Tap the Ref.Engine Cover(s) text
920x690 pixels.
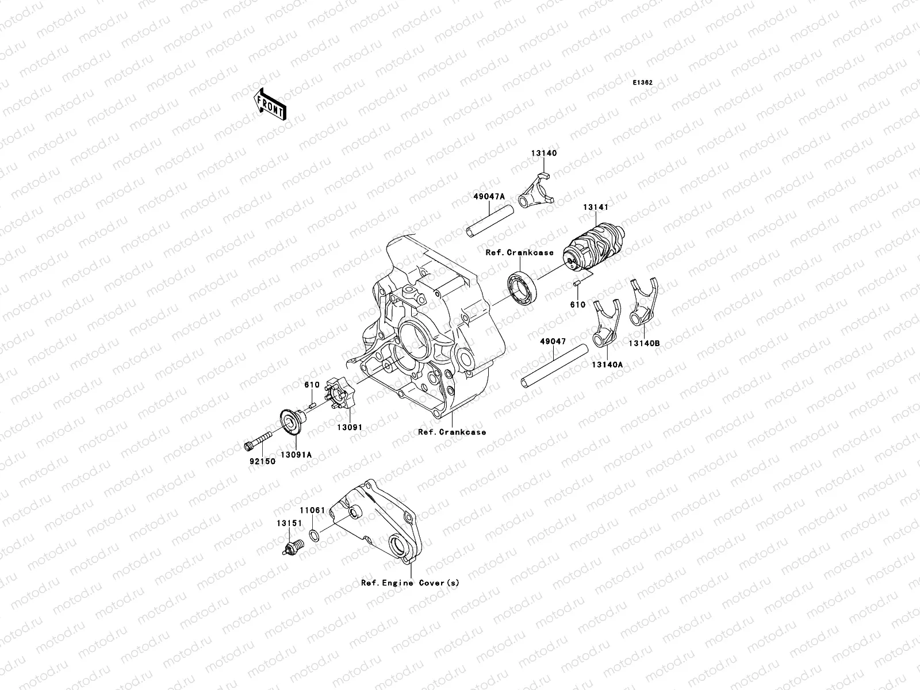pos(410,582)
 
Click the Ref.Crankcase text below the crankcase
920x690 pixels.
pos(452,432)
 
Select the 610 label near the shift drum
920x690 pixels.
pos(577,305)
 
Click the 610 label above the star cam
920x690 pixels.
pos(312,385)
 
